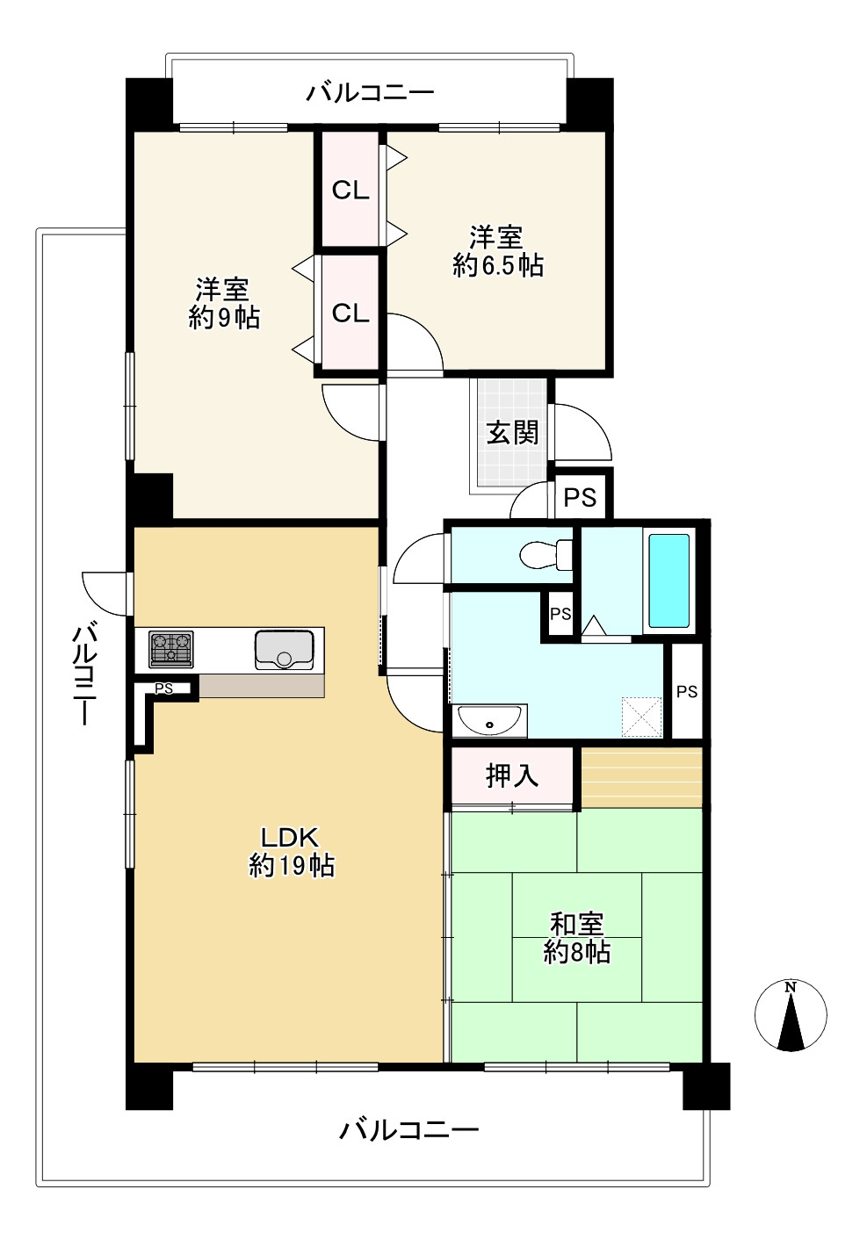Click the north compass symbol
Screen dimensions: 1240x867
tap(791, 1015)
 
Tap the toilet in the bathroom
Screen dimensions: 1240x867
tap(545, 555)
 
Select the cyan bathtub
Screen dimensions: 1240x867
tap(668, 580)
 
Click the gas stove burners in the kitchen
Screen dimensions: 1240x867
tap(170, 649)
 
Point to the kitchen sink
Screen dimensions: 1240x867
tap(284, 650)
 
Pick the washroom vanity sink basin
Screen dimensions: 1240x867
tap(489, 722)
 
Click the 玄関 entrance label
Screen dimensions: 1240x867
tap(512, 433)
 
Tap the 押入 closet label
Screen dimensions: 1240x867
tap(512, 775)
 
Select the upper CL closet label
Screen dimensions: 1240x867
tap(350, 191)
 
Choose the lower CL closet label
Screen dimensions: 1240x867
tap(350, 314)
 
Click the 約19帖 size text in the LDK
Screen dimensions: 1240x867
tap(292, 866)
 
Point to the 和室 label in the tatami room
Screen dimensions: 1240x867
tap(576, 924)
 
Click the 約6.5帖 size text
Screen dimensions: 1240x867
tap(497, 264)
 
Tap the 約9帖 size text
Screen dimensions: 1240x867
tap(224, 317)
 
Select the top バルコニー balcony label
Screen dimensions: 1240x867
tap(370, 93)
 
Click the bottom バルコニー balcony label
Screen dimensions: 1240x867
tap(409, 1129)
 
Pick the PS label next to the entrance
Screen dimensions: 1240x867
tap(580, 498)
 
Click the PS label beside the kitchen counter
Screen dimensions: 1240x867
tap(163, 688)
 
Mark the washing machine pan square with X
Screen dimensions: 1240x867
tap(641, 717)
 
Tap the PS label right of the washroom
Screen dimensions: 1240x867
tap(687, 692)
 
